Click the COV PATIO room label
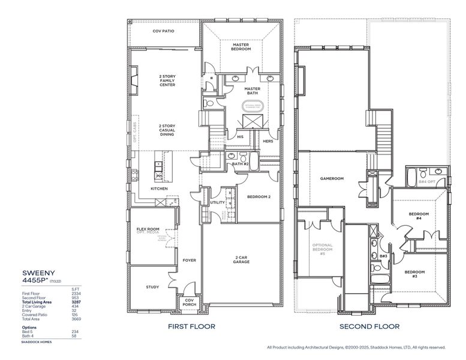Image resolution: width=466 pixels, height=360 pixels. (163, 31)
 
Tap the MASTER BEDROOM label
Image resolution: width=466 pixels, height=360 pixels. (240, 46)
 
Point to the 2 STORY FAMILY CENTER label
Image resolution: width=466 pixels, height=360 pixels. (167, 80)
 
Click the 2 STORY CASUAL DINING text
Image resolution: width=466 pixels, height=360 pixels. (167, 130)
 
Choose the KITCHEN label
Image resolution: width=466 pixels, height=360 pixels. (159, 188)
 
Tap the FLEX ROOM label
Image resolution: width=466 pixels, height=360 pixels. (148, 230)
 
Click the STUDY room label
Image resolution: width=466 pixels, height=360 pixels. (152, 287)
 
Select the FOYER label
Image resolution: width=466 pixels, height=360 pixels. (190, 260)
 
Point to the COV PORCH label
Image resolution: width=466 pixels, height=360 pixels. (190, 302)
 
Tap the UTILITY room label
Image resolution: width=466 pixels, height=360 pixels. (217, 202)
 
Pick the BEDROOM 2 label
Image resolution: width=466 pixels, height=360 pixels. (259, 197)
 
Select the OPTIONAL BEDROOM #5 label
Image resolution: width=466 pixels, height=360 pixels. (322, 249)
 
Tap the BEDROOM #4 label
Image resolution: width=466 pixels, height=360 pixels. (419, 216)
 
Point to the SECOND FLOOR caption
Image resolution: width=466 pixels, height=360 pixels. (369, 327)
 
